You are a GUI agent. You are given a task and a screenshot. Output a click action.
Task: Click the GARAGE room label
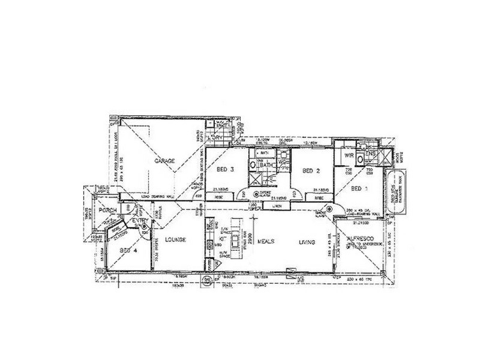coord(163,161)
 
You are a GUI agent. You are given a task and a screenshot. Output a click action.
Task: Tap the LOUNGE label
coord(178,239)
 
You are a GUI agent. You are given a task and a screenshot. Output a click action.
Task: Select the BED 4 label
coord(129,250)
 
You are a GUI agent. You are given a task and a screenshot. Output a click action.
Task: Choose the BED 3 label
coord(224,169)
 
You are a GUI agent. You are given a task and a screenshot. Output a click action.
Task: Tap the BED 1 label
coord(359,188)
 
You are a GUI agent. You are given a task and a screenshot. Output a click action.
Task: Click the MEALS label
coord(266,242)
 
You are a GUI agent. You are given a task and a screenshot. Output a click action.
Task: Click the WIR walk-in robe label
coord(348,155)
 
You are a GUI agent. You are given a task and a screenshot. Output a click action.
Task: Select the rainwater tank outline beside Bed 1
coord(397,192)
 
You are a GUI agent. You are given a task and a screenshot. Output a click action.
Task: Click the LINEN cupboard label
coord(276,206)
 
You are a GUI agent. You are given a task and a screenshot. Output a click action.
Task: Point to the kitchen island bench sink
coord(236,239)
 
